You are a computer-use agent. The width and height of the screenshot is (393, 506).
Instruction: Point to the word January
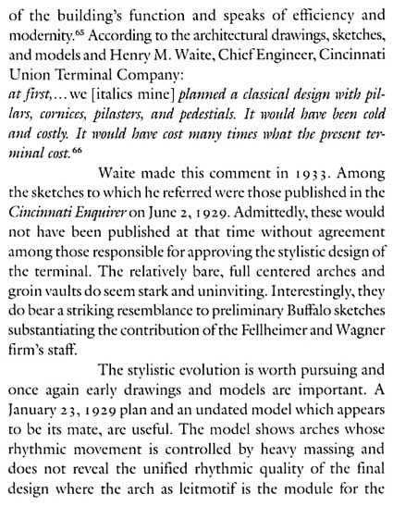tap(36, 401)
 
